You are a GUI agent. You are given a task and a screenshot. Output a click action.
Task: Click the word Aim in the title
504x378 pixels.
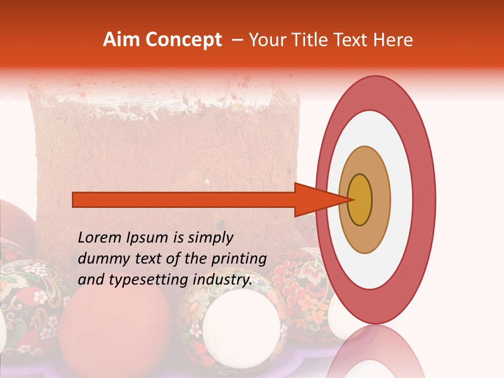[121, 40]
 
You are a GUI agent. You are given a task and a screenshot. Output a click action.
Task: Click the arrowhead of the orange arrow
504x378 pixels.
[315, 199]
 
